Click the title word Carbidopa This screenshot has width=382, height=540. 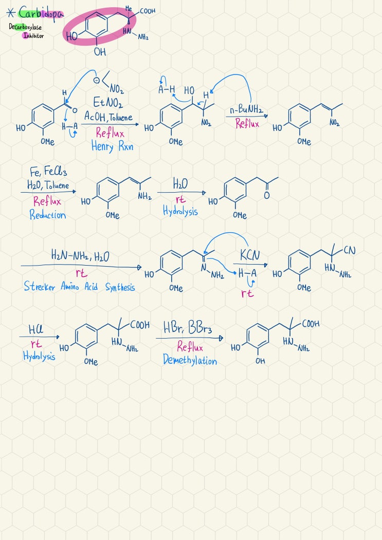coord(41,14)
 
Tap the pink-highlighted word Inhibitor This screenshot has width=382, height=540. coord(33,35)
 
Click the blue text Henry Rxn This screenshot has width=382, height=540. coord(112,146)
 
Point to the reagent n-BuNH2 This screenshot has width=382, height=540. coord(246,110)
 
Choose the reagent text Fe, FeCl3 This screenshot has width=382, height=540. coord(48,171)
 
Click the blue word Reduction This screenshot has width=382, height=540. coord(48,215)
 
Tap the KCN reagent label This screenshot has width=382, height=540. coord(249,255)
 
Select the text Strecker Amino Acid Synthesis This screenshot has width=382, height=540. coord(79,287)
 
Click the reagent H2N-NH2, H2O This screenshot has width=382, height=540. coord(80,256)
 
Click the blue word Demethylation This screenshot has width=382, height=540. coord(190,360)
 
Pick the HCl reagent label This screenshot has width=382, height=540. coord(36,329)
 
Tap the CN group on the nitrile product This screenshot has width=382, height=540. coord(349,250)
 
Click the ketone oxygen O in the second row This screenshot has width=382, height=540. coord(266,196)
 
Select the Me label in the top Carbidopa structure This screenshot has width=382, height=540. coord(129,8)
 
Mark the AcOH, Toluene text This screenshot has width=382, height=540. coord(108,117)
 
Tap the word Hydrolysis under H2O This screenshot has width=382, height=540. coord(180,211)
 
